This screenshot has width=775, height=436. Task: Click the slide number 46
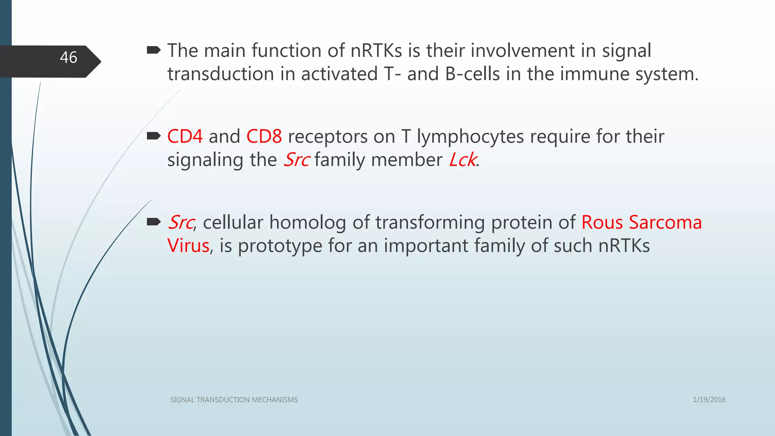tap(68, 58)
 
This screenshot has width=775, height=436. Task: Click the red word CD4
tap(185, 137)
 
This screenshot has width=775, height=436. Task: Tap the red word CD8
tap(264, 137)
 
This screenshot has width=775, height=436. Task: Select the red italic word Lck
tap(462, 160)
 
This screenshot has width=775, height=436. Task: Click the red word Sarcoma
tap(665, 223)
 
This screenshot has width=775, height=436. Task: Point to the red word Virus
tap(188, 246)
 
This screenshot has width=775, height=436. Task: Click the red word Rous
tap(602, 223)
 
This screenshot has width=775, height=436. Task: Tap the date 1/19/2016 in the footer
tap(709, 400)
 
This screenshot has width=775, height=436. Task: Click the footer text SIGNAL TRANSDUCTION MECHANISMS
tap(234, 400)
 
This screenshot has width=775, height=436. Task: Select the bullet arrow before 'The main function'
tap(154, 50)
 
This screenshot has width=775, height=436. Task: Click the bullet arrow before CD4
tap(154, 136)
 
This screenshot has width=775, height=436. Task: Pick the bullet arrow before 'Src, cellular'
tap(154, 222)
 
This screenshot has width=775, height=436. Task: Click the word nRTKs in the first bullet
tap(376, 51)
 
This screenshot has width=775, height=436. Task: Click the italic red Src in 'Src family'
tap(297, 160)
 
